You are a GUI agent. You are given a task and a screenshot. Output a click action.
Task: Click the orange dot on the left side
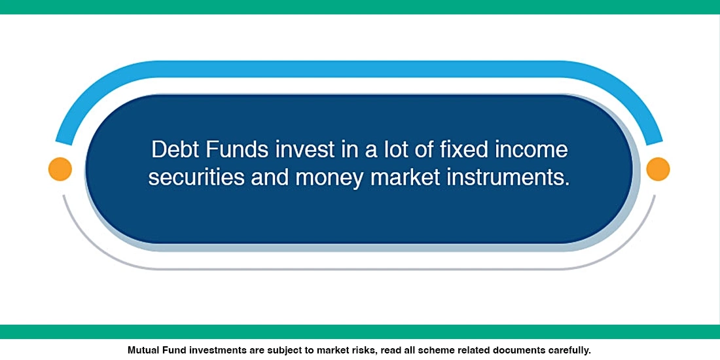[x=60, y=170]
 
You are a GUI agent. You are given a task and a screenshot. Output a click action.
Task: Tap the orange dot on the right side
[x=658, y=169]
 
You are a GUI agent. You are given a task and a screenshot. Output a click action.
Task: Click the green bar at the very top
[x=360, y=7]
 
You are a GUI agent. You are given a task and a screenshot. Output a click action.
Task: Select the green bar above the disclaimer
[x=360, y=331]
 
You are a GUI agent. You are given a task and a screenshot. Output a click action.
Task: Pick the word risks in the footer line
[x=362, y=350]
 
